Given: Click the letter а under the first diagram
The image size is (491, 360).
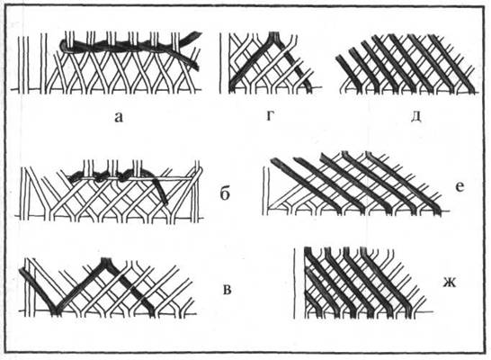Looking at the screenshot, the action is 119,118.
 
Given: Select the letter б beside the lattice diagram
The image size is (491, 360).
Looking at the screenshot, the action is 225,193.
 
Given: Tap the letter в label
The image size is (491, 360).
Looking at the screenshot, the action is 228,290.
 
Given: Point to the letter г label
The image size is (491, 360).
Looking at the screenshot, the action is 270,116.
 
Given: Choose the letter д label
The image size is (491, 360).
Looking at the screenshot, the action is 415,116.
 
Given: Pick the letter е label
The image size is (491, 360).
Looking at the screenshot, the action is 460,187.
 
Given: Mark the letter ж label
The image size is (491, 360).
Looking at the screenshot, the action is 450,283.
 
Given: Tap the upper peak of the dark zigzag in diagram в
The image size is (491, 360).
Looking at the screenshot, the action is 106,260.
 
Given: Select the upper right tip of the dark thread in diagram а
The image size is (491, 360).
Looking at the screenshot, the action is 197,33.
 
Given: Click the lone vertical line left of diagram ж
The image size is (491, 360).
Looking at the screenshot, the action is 294,283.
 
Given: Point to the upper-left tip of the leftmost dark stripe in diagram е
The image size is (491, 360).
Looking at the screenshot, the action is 273,160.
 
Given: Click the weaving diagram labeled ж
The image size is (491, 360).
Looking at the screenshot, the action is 363,283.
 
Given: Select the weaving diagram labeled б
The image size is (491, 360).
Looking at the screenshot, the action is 110,192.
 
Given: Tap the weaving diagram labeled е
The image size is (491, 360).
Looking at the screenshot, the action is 356,184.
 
